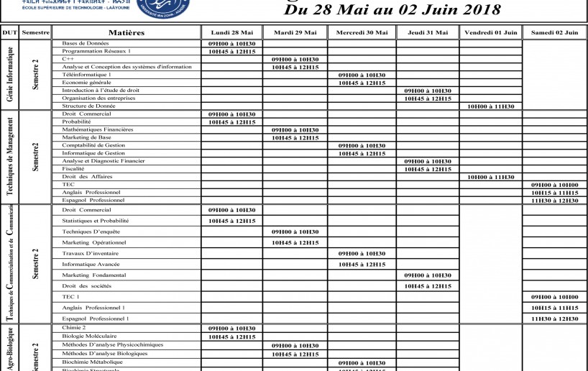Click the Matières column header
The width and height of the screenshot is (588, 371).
[x=127, y=33]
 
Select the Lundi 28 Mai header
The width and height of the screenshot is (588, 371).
[x=231, y=33]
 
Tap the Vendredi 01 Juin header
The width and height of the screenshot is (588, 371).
[x=490, y=33]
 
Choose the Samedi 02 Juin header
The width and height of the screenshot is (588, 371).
[x=554, y=33]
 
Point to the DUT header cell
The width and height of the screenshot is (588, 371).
[x=9, y=33]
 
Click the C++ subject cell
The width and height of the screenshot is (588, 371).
[x=68, y=59]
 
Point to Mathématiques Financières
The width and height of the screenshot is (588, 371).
[x=98, y=129]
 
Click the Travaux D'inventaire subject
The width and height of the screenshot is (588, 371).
[x=91, y=253]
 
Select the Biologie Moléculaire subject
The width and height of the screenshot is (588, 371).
[x=88, y=336]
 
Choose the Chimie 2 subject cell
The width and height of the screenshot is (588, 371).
[x=74, y=328]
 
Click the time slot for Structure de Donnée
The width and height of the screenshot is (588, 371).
[x=490, y=106]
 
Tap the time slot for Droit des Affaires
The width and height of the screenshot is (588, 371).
[x=490, y=177]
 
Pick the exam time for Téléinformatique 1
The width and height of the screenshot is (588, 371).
[x=362, y=75]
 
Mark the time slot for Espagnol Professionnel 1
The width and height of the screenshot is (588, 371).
[x=554, y=318]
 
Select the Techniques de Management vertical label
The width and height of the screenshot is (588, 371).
[x=9, y=157]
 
